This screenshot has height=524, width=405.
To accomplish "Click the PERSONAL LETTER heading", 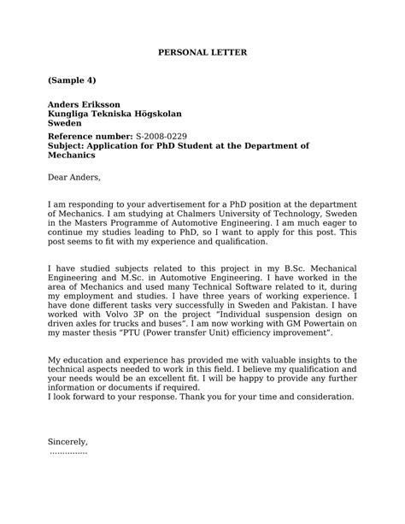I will (202, 52).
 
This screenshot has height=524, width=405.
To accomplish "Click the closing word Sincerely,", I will (68, 442).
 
